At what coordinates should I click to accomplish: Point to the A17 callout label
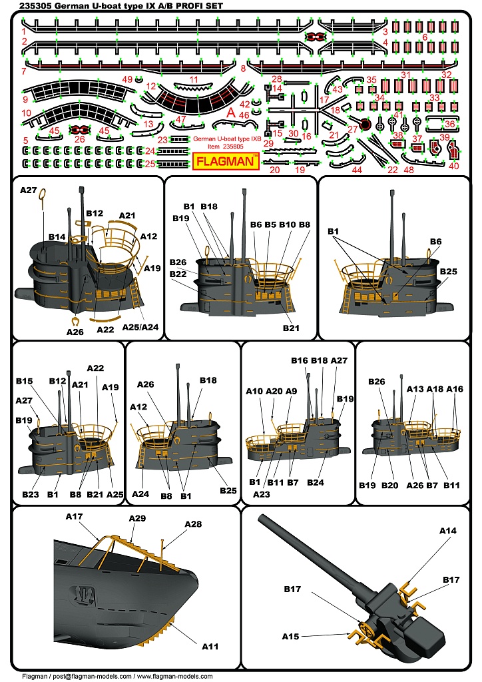click(74, 517)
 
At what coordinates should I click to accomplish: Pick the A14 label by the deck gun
click(447, 530)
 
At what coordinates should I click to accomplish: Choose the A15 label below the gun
click(290, 636)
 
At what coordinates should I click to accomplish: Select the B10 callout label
click(288, 225)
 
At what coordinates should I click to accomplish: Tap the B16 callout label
click(299, 360)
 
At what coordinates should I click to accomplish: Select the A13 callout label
click(415, 389)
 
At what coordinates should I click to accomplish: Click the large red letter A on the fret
click(231, 112)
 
